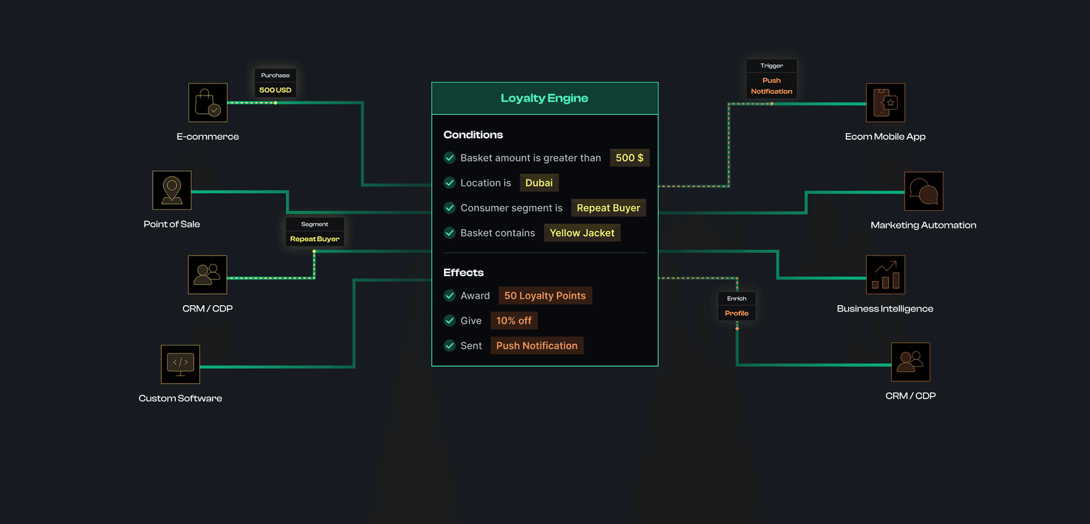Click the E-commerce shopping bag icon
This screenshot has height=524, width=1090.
coord(208,103)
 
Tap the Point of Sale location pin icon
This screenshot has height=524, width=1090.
coord(172,190)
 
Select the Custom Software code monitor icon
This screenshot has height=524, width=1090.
coord(181,364)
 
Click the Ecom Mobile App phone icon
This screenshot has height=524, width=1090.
coord(886,103)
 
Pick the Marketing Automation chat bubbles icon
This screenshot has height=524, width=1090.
coord(924,192)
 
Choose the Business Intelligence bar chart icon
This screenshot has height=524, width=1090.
coord(886,275)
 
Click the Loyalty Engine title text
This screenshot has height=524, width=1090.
coord(544,98)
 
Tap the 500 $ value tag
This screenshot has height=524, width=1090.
coord(630,158)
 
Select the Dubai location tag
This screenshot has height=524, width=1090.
coord(539,183)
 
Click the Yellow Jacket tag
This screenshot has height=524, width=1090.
coord(582,233)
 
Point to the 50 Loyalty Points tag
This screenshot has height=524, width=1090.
coord(545,296)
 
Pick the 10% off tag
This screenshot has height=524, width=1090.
coord(514,321)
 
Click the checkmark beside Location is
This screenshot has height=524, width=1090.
coord(450,183)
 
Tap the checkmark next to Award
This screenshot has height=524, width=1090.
coord(450,296)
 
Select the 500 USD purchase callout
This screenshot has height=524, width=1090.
coord(275,83)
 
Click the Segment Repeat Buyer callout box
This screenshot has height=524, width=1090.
coord(315,232)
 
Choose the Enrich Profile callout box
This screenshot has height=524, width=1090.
coord(737,306)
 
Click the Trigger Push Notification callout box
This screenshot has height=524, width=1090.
coord(772,79)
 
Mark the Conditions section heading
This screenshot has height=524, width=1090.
coord(473,135)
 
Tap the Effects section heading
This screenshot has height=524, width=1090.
coord(463,273)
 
